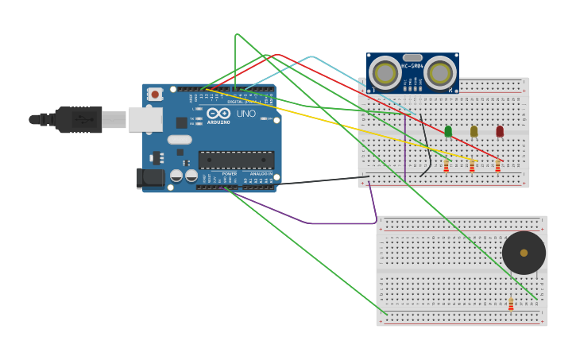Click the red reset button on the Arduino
pyautogui.click(x=155, y=94)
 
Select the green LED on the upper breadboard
pyautogui.click(x=448, y=131)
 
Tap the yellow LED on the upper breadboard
pyautogui.click(x=474, y=131)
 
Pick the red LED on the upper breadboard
pyautogui.click(x=500, y=131)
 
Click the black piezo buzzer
pyautogui.click(x=524, y=253)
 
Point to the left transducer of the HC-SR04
pyautogui.click(x=385, y=73)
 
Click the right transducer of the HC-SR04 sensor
pyautogui.click(x=439, y=73)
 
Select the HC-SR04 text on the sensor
pyautogui.click(x=412, y=66)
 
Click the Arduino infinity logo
pyautogui.click(x=218, y=114)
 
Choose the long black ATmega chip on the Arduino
pyautogui.click(x=236, y=159)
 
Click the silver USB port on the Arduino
pyautogui.click(x=145, y=119)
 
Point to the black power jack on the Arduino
pyautogui.click(x=150, y=178)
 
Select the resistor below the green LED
pyautogui.click(x=446, y=165)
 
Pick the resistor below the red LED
pyautogui.click(x=498, y=165)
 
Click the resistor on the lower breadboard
pyautogui.click(x=511, y=304)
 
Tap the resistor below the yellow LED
pyautogui.click(x=472, y=165)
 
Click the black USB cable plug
pyautogui.click(x=78, y=119)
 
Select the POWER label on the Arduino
pyautogui.click(x=229, y=173)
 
